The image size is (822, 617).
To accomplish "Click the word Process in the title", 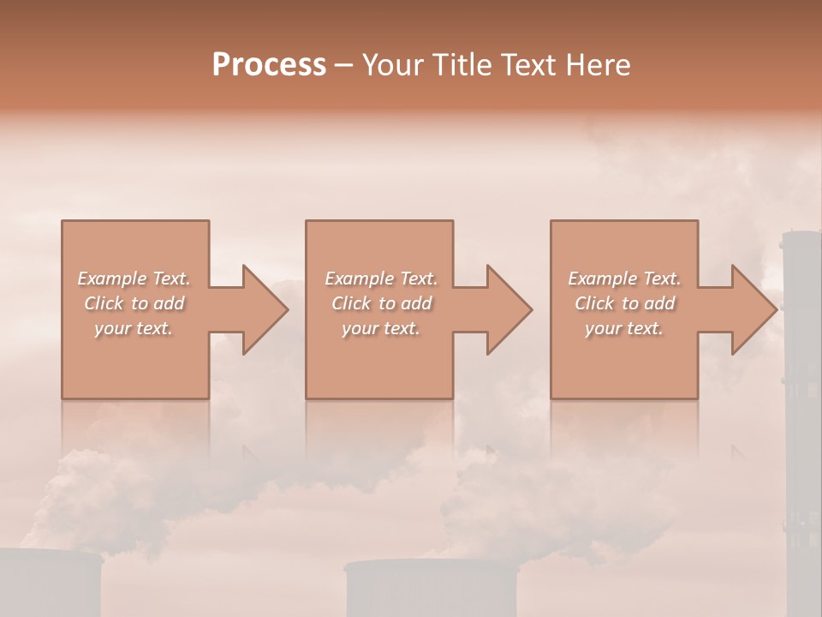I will point(269,64).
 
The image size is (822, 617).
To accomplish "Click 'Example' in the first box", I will point(111,279).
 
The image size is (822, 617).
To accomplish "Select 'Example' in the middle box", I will point(359,279).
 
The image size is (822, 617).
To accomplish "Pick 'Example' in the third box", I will point(602,279).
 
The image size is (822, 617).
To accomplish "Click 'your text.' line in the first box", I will point(134,328).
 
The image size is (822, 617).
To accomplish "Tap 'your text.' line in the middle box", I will point(380,328).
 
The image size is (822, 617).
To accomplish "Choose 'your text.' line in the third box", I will point(624,328).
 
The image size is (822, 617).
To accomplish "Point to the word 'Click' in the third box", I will point(595,303).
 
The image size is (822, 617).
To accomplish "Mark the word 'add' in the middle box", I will point(416,303).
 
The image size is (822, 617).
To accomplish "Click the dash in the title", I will point(344,65).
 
